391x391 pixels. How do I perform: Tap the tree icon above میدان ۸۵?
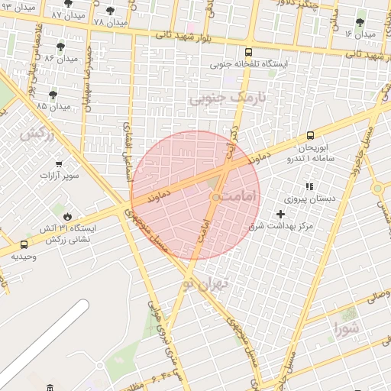[52, 95]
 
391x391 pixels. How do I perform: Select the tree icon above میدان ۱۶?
[360, 22]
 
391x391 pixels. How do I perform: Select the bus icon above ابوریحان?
[311, 135]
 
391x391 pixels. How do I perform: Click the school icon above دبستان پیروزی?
[309, 186]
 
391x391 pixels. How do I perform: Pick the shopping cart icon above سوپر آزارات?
[59, 163]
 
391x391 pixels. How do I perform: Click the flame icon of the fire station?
[66, 216]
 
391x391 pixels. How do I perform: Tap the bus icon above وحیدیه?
[24, 245]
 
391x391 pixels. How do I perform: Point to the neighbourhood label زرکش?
[36, 134]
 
